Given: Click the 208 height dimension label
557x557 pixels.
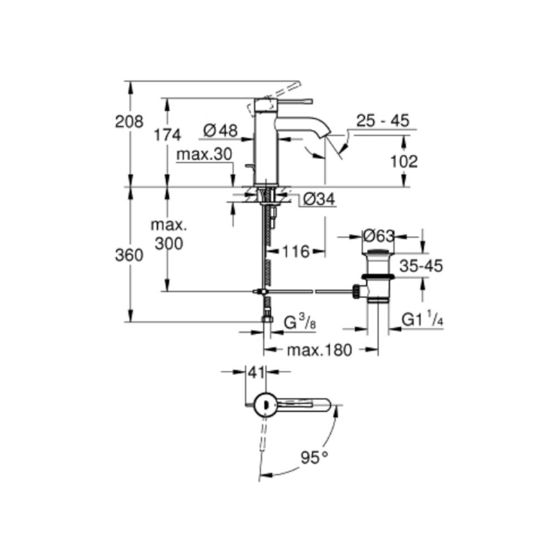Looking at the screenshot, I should [x=129, y=121].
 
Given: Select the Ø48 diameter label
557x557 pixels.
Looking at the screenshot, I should [x=221, y=130].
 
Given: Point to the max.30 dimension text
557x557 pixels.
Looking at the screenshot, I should [x=204, y=155].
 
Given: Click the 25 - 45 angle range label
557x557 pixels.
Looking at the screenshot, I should [x=383, y=120].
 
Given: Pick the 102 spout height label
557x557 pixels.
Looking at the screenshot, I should [x=404, y=161].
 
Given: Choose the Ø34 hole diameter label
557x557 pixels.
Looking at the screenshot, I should [x=320, y=199].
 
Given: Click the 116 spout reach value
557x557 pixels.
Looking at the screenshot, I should [x=295, y=252].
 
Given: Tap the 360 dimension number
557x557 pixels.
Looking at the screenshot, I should [x=129, y=255].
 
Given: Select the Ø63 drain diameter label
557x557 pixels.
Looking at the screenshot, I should [x=379, y=236].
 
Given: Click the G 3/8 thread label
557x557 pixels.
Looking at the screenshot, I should [x=300, y=323].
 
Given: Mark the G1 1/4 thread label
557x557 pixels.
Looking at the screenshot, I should [x=423, y=320].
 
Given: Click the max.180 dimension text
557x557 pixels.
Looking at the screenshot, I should [x=319, y=350].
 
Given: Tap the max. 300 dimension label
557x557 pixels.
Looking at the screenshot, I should [x=168, y=234].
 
